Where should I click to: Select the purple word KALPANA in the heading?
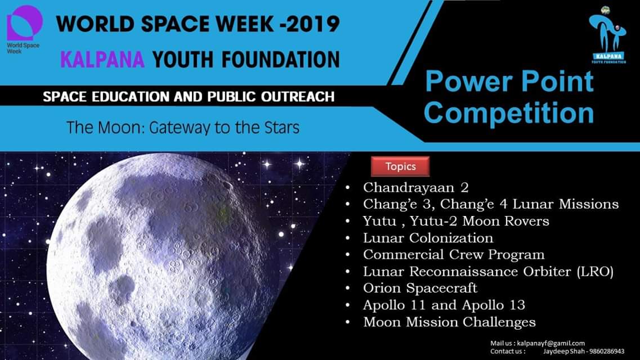pyautogui.click(x=102, y=60)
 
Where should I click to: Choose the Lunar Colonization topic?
pyautogui.click(x=428, y=238)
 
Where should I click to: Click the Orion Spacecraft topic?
pyautogui.click(x=420, y=288)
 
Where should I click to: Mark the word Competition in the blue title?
pyautogui.click(x=509, y=112)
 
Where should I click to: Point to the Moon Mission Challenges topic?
pyautogui.click(x=449, y=322)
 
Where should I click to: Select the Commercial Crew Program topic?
pyautogui.click(x=454, y=255)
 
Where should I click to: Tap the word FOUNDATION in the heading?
pyautogui.click(x=281, y=60)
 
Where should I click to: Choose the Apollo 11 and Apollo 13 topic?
pyautogui.click(x=444, y=305)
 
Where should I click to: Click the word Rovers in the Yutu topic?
pyautogui.click(x=526, y=221)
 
